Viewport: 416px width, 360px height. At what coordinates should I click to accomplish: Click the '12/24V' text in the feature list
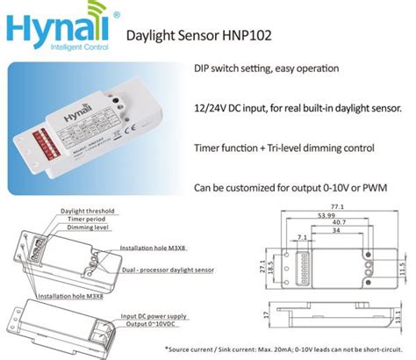(213, 108)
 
